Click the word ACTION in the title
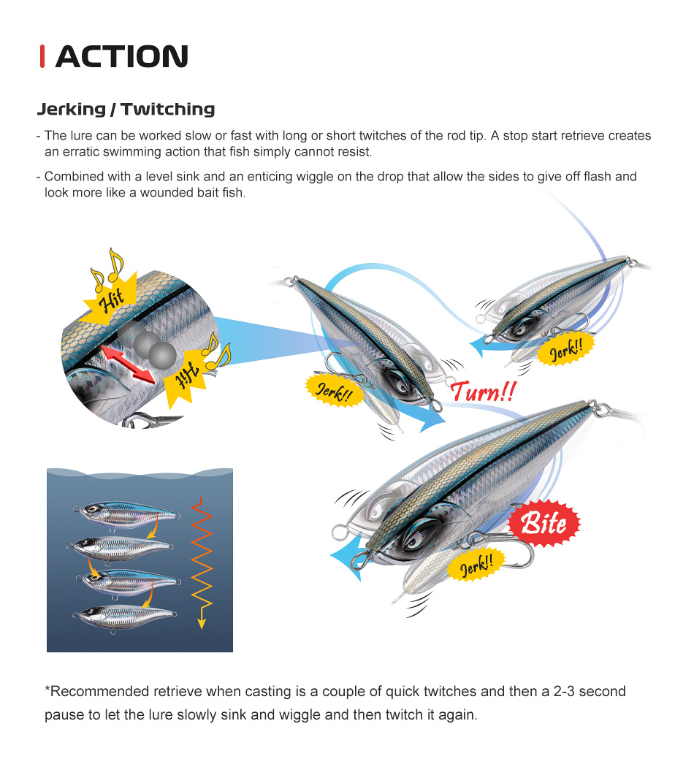point(122,56)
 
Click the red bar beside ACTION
point(42,56)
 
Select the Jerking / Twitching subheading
point(126,109)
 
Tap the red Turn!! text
point(483,392)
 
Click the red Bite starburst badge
point(544,523)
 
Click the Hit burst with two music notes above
point(109,294)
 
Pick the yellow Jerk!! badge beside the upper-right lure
point(566,349)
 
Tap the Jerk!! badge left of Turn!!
point(335,391)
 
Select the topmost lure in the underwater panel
point(126,514)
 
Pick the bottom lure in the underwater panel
point(124,617)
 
